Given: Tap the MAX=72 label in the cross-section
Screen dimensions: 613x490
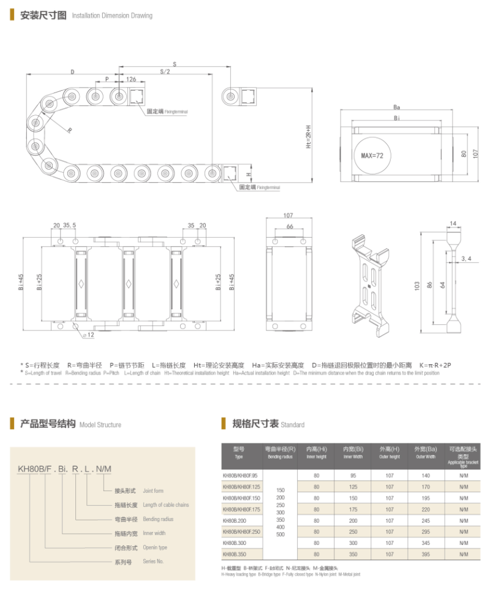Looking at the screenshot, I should point(372,156).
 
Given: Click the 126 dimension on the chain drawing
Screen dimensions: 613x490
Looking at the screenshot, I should point(130,79).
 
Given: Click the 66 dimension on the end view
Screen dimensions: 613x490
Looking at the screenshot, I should point(288,227).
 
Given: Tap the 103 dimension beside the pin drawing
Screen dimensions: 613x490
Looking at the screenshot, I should point(417,286).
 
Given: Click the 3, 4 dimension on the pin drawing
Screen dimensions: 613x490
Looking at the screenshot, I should point(466,259).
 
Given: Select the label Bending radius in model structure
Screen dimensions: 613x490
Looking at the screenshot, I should point(158,519).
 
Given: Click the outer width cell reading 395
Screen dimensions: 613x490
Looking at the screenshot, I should point(425,555).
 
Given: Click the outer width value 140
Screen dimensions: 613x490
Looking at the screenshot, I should point(425,475).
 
